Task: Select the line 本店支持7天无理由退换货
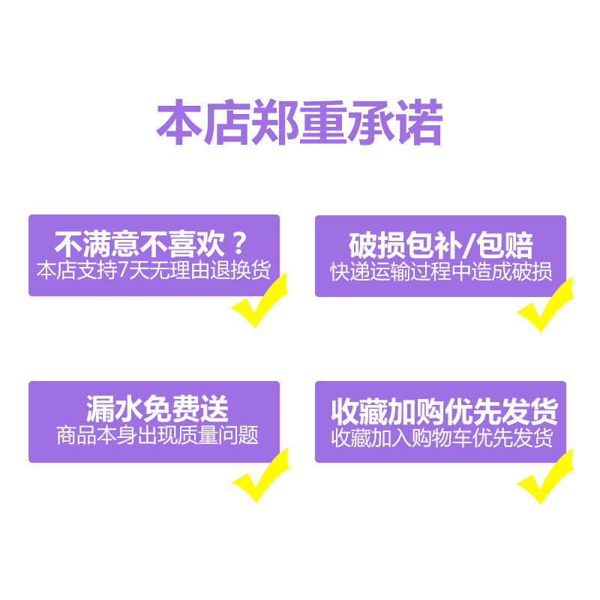[153, 270]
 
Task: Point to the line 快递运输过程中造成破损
[441, 271]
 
